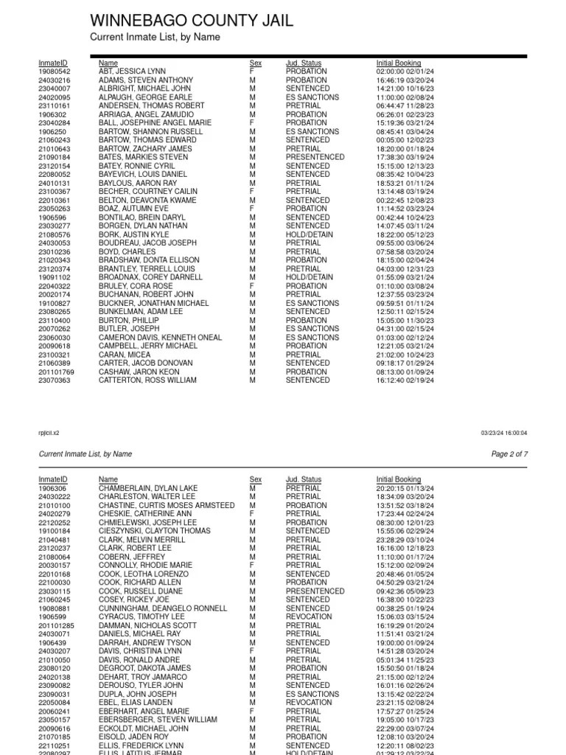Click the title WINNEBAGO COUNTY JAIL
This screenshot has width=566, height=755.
(x=191, y=20)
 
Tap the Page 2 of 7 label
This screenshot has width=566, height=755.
(x=509, y=454)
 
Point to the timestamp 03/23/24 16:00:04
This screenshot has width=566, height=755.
(x=504, y=434)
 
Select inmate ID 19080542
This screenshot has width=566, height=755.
(x=54, y=72)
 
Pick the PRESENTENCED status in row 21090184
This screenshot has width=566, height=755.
(x=315, y=157)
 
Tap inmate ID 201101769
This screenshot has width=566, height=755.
(x=56, y=372)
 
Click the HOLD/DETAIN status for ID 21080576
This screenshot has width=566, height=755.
(x=310, y=234)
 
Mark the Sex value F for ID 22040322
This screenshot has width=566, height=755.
(x=251, y=286)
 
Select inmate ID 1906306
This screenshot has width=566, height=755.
(x=52, y=488)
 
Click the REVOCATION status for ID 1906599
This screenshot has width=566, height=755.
(x=309, y=616)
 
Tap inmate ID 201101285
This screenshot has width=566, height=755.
(x=56, y=625)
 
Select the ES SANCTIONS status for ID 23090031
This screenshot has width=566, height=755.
(x=312, y=694)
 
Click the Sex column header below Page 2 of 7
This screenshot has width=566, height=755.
(x=255, y=480)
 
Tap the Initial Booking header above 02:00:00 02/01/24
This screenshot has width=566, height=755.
(x=398, y=63)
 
